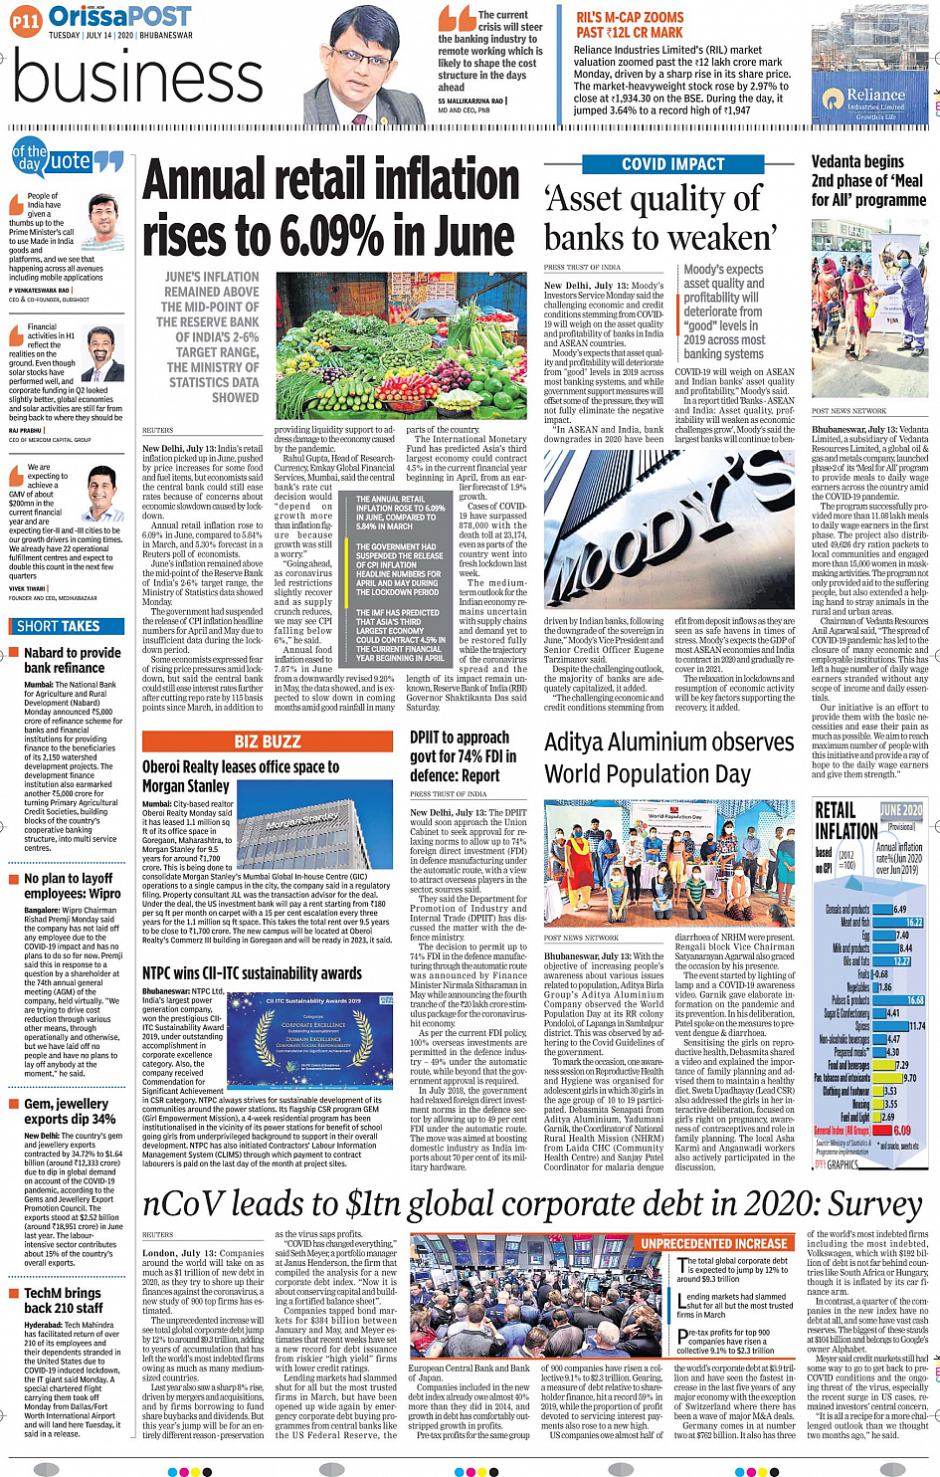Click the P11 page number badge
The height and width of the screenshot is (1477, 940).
25,20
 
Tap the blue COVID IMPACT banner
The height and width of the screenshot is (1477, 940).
672,164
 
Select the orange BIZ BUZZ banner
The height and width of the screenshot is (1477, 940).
268,741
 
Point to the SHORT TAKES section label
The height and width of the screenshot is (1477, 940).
58,626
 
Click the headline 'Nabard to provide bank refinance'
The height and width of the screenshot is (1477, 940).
72,660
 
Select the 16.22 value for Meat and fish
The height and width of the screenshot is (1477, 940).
914,923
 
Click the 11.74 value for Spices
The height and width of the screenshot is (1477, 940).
916,1026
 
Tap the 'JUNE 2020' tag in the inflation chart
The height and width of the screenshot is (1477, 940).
900,811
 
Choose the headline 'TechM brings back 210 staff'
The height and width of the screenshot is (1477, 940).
63,1300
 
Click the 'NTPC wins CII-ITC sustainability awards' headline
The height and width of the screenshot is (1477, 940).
252,973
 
